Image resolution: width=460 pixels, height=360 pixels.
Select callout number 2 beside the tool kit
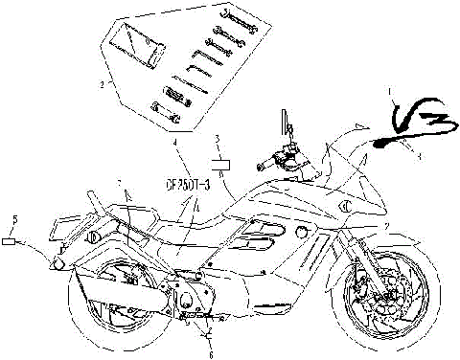[100, 84]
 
